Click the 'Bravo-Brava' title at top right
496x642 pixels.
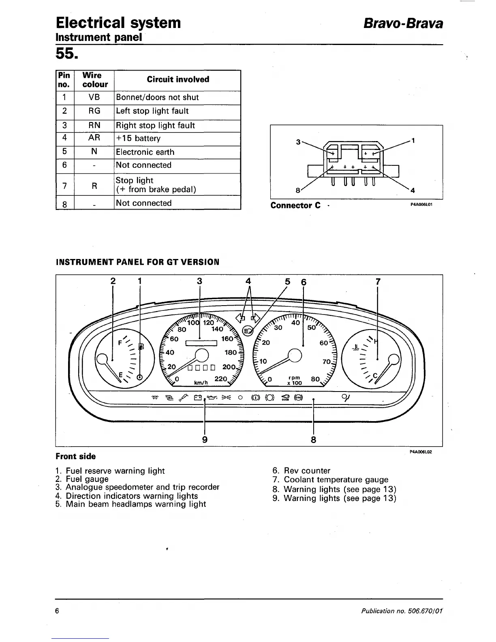pos(403,23)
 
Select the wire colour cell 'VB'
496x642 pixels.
pos(94,97)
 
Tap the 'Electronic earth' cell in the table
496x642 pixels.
pos(145,152)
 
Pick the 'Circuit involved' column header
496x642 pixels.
pos(178,79)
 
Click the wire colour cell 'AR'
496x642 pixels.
pos(94,138)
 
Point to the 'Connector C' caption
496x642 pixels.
pos(295,205)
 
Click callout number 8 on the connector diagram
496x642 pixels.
pos(297,190)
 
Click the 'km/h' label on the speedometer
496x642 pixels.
pos(201,383)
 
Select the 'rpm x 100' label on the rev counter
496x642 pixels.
pos(295,381)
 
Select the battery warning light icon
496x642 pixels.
pos(198,398)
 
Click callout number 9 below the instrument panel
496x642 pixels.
pos(205,439)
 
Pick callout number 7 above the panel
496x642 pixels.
pos(378,281)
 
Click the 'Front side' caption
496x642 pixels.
pos(76,456)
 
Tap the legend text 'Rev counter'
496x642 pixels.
pos(307,471)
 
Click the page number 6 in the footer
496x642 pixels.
pos(58,611)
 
